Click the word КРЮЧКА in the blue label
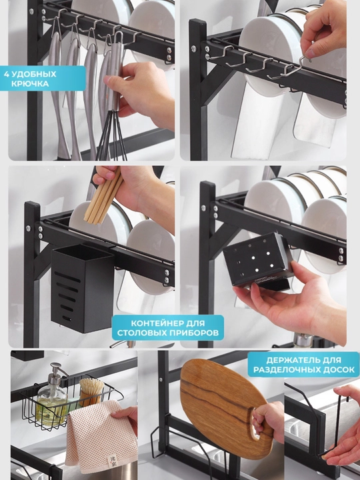coord(30,83)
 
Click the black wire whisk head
coord(112,135)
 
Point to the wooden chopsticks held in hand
coord(103,196)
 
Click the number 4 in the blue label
coord(7,74)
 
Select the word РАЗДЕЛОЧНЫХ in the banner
coord(287,370)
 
